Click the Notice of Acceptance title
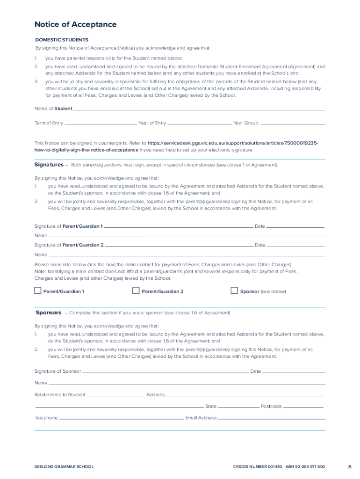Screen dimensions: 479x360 coord(75,24)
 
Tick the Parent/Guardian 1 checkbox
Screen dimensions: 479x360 coord(38,291)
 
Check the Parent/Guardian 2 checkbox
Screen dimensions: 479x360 coord(136,291)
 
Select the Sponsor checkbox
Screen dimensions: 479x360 coord(234,291)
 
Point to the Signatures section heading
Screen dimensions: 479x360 coord(49,165)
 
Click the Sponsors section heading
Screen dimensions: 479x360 coord(49,312)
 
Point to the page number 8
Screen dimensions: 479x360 coord(350,466)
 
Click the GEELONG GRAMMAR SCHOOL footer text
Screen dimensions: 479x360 coord(64,467)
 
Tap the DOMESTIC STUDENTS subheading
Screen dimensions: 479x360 coord(62,40)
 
